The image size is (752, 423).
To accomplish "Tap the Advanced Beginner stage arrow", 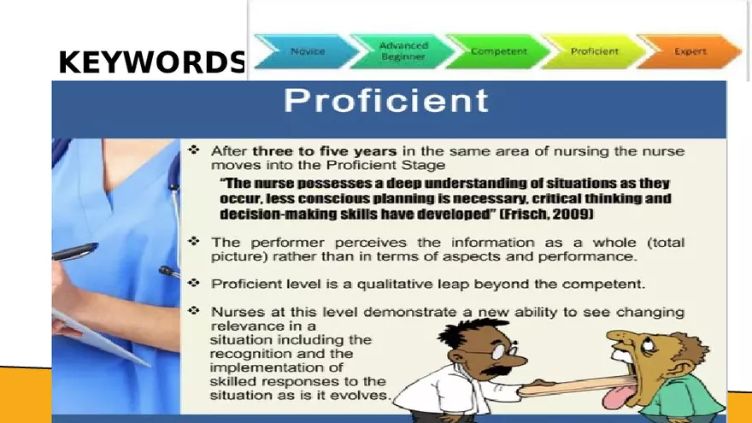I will click(x=403, y=51).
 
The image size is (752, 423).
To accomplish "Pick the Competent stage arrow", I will click(x=498, y=51).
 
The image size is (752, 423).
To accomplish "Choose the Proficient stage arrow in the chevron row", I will click(x=595, y=51).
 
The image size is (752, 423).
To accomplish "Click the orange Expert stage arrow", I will click(x=690, y=51).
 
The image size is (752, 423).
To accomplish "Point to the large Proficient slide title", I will click(x=386, y=101).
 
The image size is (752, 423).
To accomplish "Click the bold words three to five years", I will click(x=324, y=150).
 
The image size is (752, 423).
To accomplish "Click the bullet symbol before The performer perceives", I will click(x=194, y=241).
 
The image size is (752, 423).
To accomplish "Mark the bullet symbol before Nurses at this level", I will click(x=194, y=311).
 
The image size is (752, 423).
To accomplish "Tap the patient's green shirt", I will click(x=684, y=402).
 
